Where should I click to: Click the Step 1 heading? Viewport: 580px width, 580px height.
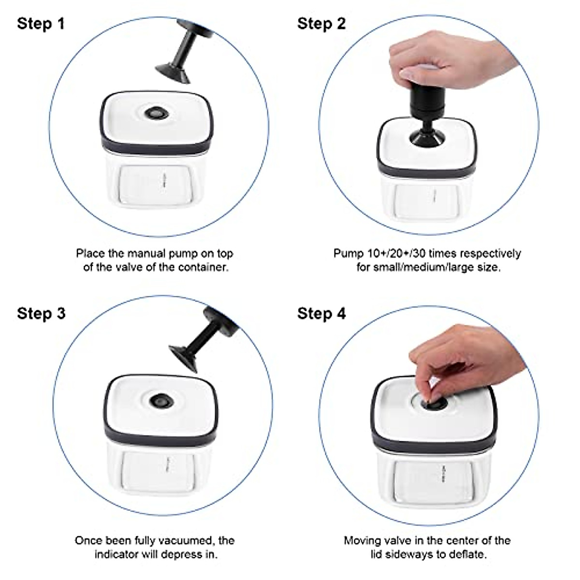41,24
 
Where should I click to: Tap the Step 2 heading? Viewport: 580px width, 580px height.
322,24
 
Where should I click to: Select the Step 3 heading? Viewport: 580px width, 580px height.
41,314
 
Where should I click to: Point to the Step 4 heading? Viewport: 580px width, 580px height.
322,314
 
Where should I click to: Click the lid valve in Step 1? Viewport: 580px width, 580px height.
156,113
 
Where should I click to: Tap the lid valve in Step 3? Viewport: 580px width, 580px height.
162,401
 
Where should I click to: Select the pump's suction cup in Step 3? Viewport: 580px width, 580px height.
184,359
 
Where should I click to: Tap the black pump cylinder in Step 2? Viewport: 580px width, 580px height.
427,101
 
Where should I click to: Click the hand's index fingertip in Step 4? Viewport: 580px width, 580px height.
427,398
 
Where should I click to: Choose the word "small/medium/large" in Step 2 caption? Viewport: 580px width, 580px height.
426,267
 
